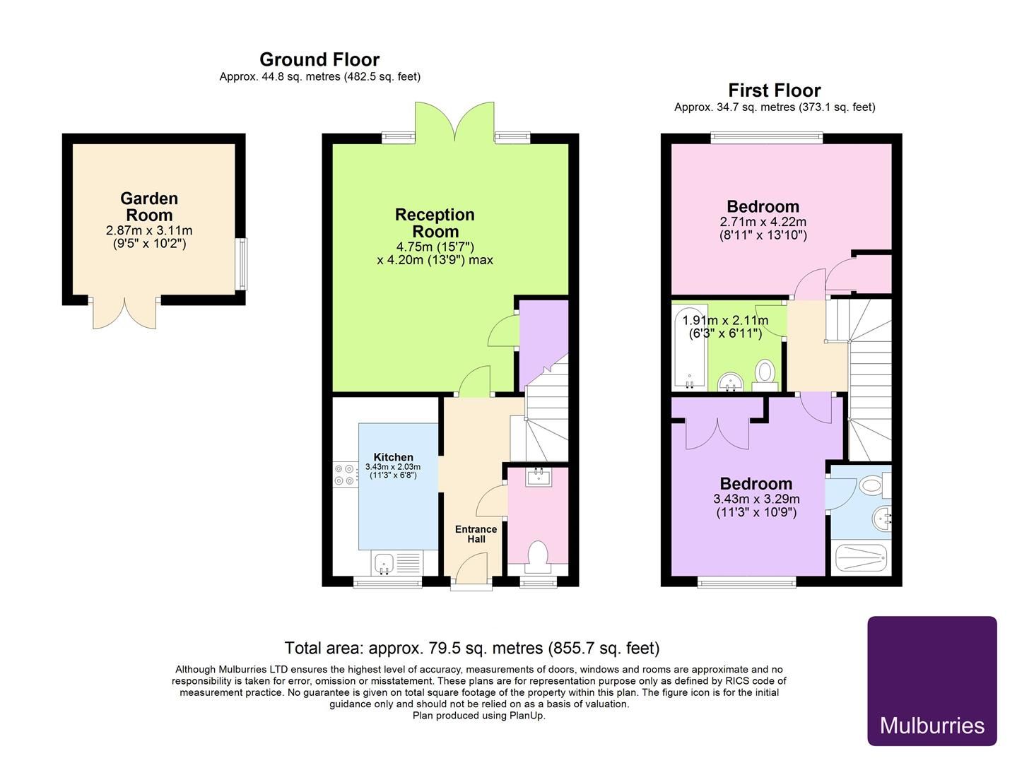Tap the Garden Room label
[149, 207]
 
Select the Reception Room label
[435, 223]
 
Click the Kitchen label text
[393, 457]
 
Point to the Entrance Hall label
[476, 534]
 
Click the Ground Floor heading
[319, 59]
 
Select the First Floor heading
[775, 90]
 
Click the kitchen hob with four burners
[344, 474]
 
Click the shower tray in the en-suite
[861, 559]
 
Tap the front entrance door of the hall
[471, 569]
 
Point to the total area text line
[471, 648]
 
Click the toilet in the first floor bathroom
[765, 372]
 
